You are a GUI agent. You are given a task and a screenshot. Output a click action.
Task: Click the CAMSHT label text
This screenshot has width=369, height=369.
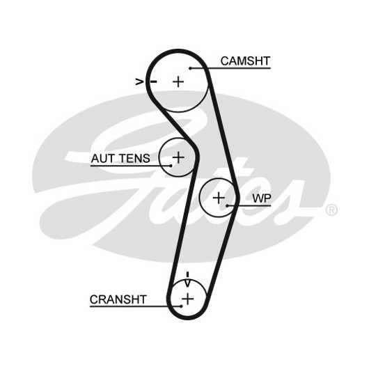click(245, 61)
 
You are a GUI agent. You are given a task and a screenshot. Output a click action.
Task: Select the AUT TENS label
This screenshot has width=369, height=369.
click(120, 158)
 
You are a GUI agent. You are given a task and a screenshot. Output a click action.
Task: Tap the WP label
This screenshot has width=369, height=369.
click(262, 198)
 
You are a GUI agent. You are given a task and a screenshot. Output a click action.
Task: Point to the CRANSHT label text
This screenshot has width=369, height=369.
click(118, 299)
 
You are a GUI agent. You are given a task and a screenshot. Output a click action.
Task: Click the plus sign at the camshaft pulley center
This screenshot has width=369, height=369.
click(178, 81)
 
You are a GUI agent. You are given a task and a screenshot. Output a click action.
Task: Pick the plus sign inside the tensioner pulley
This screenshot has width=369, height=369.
click(179, 157)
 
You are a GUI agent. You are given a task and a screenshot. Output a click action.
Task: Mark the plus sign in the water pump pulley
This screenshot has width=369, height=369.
click(219, 198)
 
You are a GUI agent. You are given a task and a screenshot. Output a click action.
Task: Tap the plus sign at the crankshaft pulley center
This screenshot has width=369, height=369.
click(187, 299)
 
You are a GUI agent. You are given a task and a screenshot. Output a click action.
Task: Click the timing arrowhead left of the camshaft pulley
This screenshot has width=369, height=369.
click(139, 82)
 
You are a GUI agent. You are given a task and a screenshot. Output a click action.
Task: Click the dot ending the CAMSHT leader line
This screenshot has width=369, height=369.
click(190, 68)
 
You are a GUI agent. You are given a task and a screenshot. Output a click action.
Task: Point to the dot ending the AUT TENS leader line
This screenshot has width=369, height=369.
click(171, 166)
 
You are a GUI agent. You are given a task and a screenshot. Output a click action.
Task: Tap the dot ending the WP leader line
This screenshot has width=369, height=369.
click(228, 205)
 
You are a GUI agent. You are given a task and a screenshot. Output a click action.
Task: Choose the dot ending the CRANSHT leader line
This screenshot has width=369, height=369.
click(181, 306)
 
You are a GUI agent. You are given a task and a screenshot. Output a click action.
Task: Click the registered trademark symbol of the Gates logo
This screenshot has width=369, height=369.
click(331, 210)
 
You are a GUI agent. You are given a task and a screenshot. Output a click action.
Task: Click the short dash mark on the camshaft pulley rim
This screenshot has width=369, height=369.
click(154, 81)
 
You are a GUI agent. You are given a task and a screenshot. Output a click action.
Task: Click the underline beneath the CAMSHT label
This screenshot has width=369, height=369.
click(230, 68)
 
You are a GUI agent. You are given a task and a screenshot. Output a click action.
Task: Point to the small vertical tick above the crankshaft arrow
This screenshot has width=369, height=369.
click(187, 274)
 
